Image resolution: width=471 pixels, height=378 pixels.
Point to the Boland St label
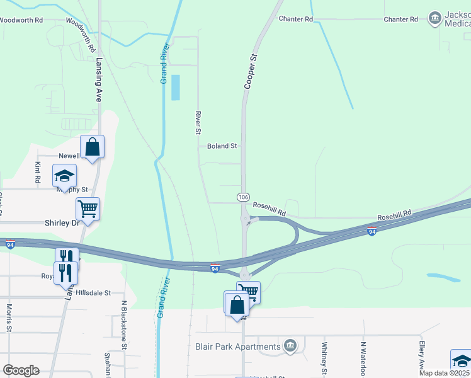click(222, 146)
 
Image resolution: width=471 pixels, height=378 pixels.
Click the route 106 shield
click(243, 197)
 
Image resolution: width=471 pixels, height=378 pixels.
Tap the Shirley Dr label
click(61, 223)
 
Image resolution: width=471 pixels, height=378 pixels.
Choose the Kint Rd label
click(38, 172)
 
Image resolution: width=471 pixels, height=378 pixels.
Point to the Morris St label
click(9, 319)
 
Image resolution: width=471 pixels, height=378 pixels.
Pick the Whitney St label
click(324, 357)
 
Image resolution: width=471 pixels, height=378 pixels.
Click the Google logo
click(21, 370)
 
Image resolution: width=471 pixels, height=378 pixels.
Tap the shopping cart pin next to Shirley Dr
click(88, 209)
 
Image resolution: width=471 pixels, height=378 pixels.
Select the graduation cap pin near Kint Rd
click(64, 176)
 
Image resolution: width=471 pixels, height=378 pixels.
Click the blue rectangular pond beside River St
click(174, 88)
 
